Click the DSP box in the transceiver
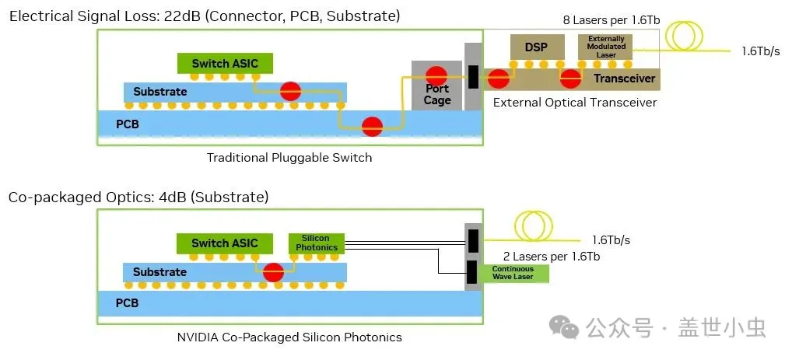(x=536, y=47)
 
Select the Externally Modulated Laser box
(x=606, y=47)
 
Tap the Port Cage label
(x=437, y=94)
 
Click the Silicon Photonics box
(x=316, y=243)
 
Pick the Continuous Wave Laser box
(x=513, y=273)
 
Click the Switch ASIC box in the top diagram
(x=225, y=63)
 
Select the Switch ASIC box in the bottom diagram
(x=225, y=243)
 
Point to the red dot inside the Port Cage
(x=436, y=75)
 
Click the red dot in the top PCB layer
(x=372, y=126)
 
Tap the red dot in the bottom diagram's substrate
(x=273, y=272)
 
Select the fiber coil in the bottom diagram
(x=534, y=226)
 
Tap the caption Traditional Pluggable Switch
(x=289, y=158)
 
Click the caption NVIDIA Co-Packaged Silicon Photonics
(x=289, y=337)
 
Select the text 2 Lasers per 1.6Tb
(x=552, y=257)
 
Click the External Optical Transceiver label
(x=575, y=103)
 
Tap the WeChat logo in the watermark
(x=564, y=327)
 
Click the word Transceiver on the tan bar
(x=624, y=79)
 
